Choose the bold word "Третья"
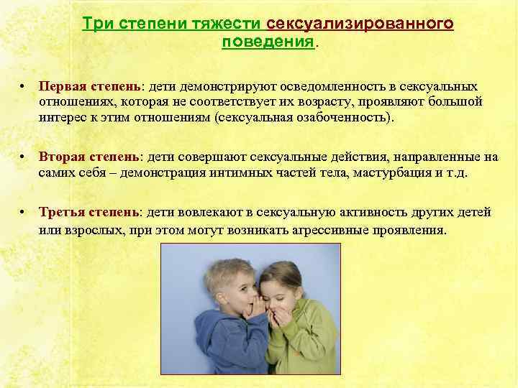click(x=63, y=213)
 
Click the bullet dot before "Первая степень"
click(x=24, y=86)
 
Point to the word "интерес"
click(x=62, y=117)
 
